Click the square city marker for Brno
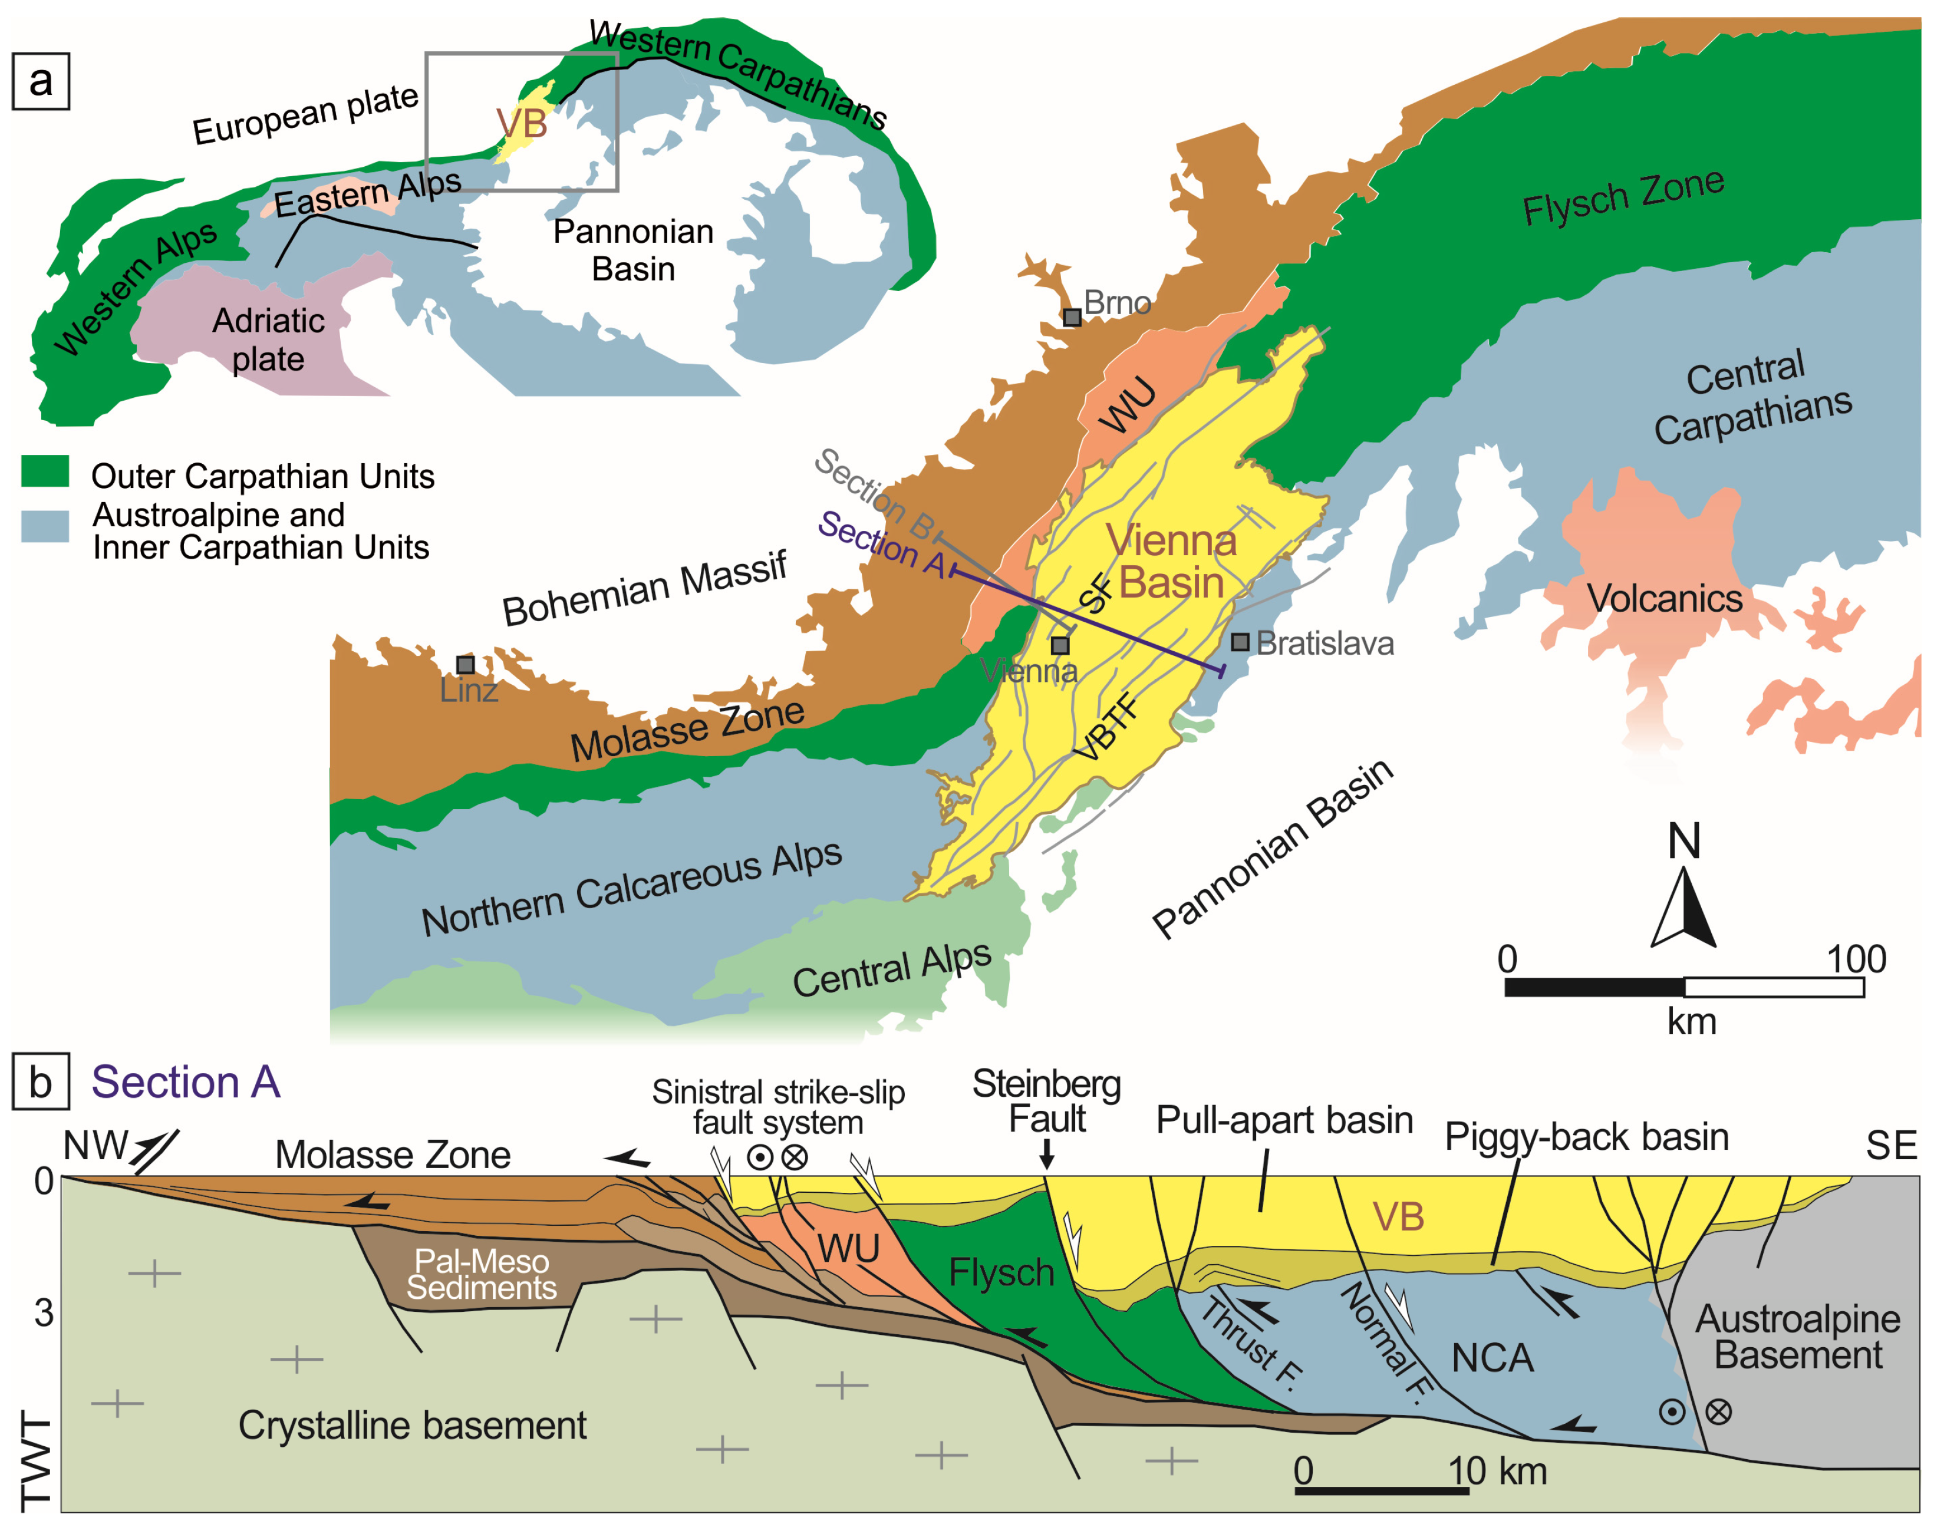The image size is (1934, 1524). click(x=1072, y=318)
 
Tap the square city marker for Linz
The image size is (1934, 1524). click(x=465, y=665)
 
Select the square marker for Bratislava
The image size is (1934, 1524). click(x=1240, y=642)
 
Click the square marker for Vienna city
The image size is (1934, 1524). click(x=1059, y=645)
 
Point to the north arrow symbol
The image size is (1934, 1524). click(x=1683, y=906)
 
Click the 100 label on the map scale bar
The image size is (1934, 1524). click(x=1856, y=960)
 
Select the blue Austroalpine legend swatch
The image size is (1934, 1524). click(x=45, y=526)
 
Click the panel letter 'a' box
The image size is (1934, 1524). click(x=41, y=81)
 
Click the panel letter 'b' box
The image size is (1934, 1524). click(x=41, y=1083)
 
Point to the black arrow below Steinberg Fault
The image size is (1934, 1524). click(x=1047, y=1156)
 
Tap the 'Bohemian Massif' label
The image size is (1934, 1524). click(x=644, y=589)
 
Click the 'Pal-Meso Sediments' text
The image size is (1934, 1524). click(x=482, y=1274)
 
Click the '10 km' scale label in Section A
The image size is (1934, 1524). click(x=1497, y=1470)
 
